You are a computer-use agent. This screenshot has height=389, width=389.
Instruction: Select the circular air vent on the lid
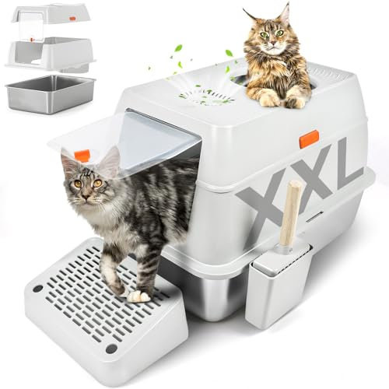coord(206,96)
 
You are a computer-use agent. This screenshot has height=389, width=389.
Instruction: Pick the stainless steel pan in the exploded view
coord(48,93)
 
